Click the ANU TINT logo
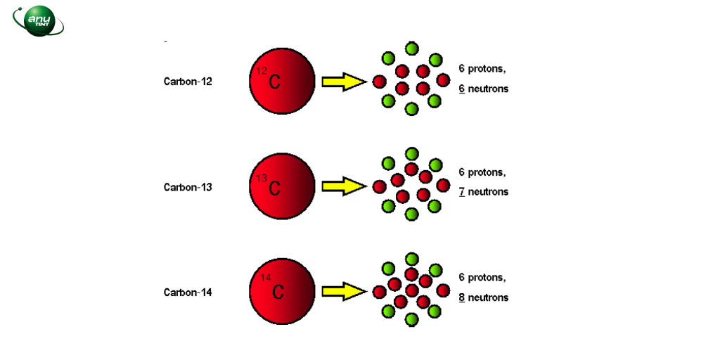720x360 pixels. pos(38,20)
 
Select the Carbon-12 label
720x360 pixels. pos(188,82)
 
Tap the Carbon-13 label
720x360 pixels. pos(188,188)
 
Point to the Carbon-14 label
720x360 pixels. pos(188,292)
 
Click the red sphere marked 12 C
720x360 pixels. pos(282,82)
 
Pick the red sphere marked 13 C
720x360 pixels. pos(282,186)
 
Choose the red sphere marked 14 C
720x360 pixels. pos(282,291)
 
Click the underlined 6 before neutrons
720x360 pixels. pos(462,89)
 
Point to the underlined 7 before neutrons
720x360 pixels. pos(462,192)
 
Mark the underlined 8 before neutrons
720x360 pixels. pos(462,297)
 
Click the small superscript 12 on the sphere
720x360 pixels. pos(262,71)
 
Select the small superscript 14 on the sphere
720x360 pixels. pos(266,278)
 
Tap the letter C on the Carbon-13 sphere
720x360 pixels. pos(275,188)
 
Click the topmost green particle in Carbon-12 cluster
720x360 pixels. pos(412,48)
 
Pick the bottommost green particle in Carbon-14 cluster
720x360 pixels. pos(412,320)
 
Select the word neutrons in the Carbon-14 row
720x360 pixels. pos(488,297)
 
